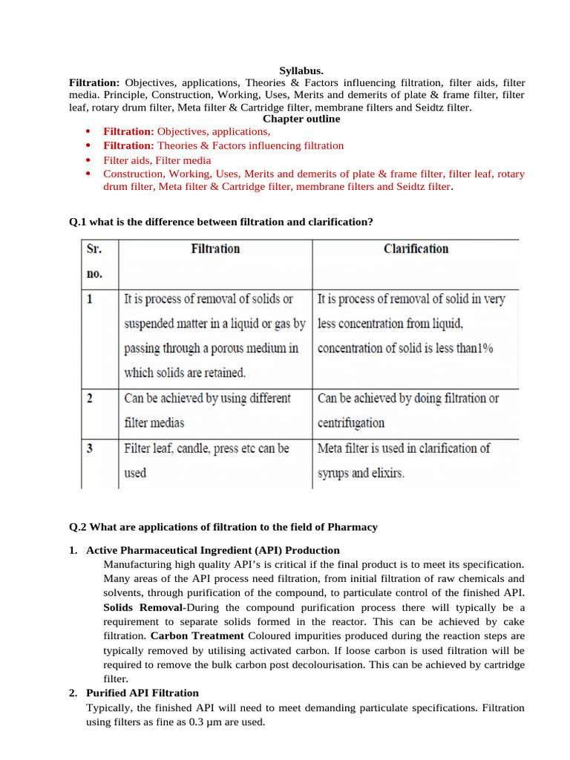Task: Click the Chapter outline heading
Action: point(301,119)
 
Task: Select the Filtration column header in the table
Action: point(215,249)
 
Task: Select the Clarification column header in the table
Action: point(416,249)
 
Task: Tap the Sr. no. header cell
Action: point(94,261)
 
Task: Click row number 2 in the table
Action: point(90,399)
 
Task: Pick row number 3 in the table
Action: point(90,449)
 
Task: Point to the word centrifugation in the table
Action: point(351,423)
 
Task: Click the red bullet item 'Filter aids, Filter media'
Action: point(157,160)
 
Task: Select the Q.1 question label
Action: point(78,221)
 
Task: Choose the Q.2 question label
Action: point(78,527)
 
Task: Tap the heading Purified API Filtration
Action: point(142,692)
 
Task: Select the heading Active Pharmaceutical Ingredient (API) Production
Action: point(213,550)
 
